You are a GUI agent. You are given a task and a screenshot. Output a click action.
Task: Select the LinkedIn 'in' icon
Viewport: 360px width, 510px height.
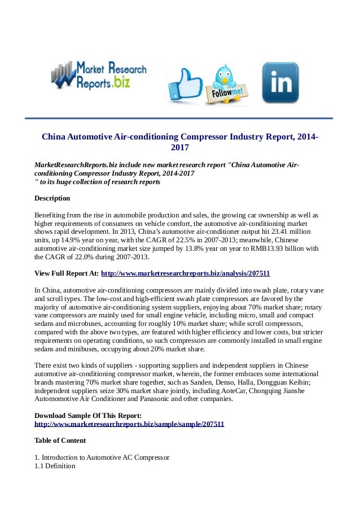(x=280, y=83)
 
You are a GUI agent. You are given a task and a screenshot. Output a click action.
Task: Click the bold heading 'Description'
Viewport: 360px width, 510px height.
(x=52, y=198)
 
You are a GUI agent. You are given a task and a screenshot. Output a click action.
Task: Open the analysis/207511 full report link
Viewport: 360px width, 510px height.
(x=185, y=273)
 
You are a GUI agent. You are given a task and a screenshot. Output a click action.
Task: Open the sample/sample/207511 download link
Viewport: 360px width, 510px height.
(x=129, y=423)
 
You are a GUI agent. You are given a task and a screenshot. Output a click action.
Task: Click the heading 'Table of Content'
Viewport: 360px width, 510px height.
(x=60, y=441)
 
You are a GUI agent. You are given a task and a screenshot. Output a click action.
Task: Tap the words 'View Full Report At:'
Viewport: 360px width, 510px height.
(x=67, y=273)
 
